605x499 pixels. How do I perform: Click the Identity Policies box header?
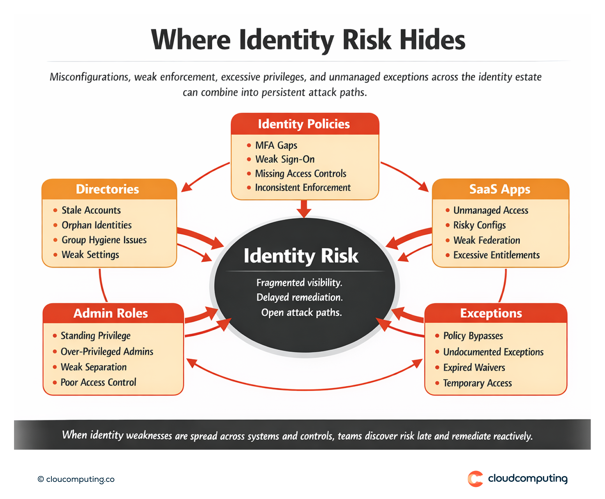[x=304, y=124]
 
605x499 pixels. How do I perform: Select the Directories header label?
[x=108, y=189]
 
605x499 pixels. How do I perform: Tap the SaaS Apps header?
[x=500, y=189]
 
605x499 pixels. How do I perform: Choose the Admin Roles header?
[x=111, y=313]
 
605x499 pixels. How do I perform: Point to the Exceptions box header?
[x=491, y=313]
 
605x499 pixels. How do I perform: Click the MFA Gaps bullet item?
[x=276, y=145]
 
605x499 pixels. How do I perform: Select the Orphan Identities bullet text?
[x=97, y=225]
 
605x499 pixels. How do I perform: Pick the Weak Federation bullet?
[x=487, y=240]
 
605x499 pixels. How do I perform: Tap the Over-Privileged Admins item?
[x=107, y=352]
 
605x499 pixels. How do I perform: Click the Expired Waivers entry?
[x=474, y=368]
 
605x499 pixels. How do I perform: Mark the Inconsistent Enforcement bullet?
[x=303, y=188]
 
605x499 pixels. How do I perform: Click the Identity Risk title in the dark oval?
[x=301, y=256]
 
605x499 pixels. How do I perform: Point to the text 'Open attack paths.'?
[x=302, y=313]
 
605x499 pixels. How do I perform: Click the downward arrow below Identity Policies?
[x=304, y=209]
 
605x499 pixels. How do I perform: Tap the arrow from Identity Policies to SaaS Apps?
[x=405, y=175]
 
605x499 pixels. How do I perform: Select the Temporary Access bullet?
[x=477, y=384]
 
